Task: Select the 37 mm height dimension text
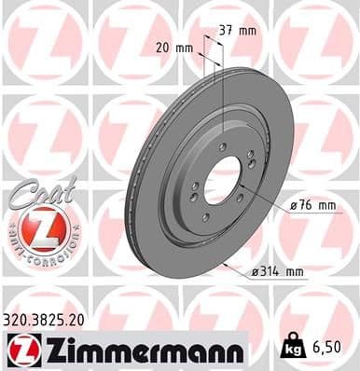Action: [240, 31]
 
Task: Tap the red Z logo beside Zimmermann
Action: [20, 350]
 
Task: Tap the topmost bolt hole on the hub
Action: [221, 145]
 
